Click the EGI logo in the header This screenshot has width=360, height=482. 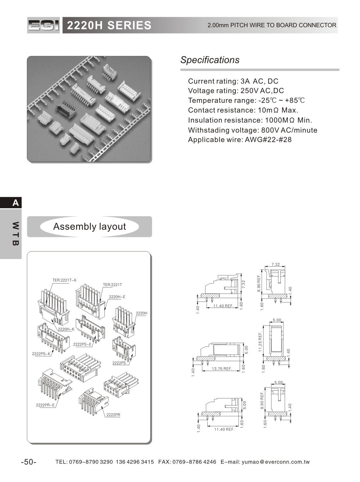[44, 25]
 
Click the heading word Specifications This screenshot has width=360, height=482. [210, 60]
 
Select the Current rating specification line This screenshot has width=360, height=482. [233, 81]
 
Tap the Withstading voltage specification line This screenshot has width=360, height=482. [252, 130]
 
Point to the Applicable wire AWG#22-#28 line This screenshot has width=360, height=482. [239, 140]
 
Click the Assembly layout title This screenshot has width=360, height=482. [89, 227]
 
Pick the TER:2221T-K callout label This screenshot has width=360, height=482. [64, 280]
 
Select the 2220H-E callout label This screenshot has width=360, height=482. [117, 297]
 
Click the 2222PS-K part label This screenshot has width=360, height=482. [41, 354]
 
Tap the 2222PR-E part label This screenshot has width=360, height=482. [45, 405]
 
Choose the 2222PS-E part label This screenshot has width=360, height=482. [82, 345]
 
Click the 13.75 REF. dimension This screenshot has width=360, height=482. [222, 369]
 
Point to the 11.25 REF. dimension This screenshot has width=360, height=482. [260, 342]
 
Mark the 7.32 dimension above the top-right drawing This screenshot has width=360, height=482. [276, 265]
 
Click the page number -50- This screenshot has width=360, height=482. [29, 462]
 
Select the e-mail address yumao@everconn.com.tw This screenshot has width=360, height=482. [276, 462]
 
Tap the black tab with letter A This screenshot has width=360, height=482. [11, 203]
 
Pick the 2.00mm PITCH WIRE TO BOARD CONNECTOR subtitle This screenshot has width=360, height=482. [272, 25]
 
